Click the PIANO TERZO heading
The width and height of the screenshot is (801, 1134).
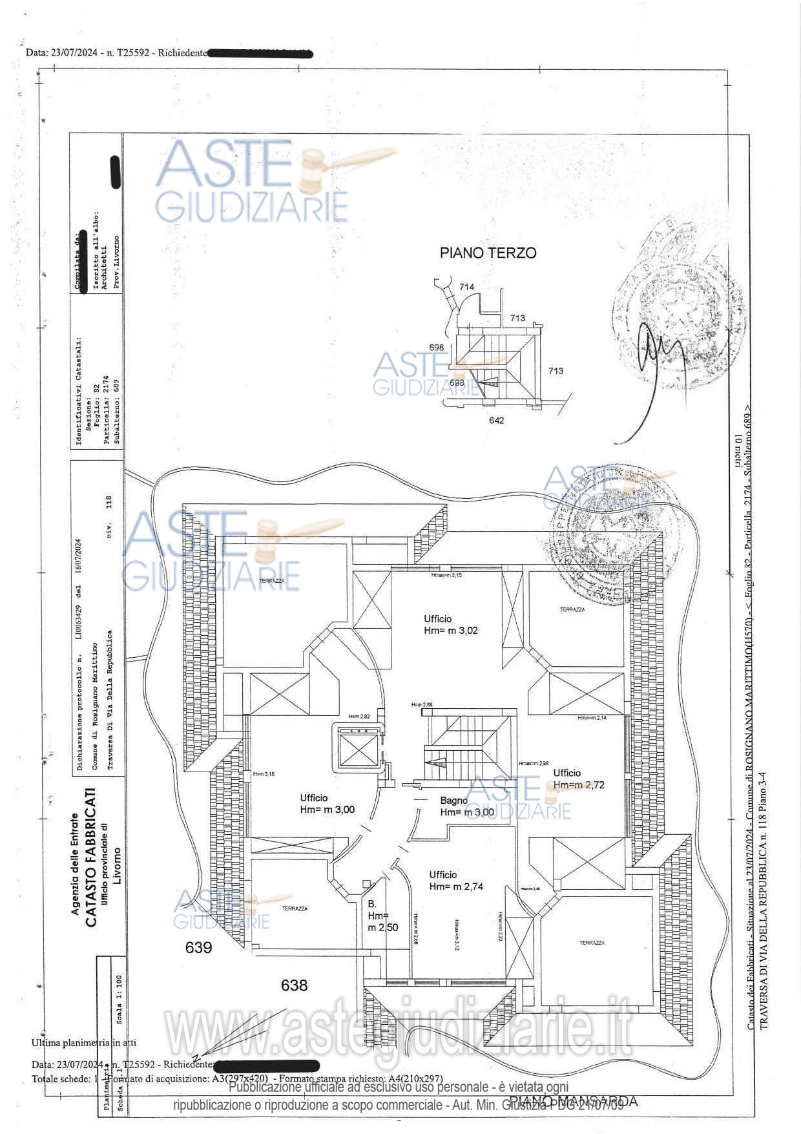tap(488, 253)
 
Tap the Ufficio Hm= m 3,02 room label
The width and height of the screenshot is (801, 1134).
tap(450, 625)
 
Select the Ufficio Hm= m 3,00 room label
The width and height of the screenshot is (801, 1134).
tap(327, 804)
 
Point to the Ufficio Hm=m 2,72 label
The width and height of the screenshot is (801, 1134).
tap(578, 779)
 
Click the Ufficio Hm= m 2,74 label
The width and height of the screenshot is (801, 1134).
tap(456, 881)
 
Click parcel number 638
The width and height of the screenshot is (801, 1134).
tap(294, 985)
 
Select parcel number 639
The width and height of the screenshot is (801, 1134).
tap(198, 947)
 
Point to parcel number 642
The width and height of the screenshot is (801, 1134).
tap(496, 421)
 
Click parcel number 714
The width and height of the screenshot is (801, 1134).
tap(466, 287)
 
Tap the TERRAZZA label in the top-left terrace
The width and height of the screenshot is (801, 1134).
tap(271, 581)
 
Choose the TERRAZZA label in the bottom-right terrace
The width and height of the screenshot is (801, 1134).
tap(592, 943)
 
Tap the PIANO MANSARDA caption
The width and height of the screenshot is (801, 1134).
tap(574, 1101)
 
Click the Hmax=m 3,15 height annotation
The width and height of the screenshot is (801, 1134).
tap(447, 574)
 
